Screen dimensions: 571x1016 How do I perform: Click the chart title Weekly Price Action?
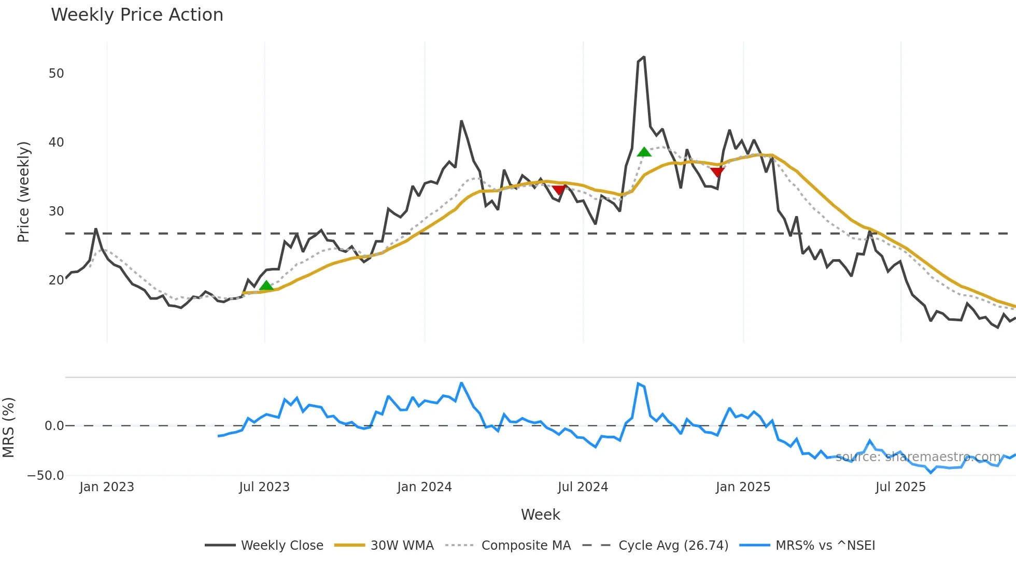[x=137, y=15]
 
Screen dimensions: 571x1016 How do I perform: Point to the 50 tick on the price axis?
[x=57, y=74]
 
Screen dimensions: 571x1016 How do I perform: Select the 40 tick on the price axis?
[x=57, y=142]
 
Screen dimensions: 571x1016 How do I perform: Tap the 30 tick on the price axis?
[x=57, y=211]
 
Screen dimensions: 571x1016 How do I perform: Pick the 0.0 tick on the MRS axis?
[x=54, y=426]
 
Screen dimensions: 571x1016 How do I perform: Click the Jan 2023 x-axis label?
[x=107, y=487]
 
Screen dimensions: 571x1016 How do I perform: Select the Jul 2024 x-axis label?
[x=583, y=487]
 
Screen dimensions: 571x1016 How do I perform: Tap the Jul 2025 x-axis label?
[x=900, y=487]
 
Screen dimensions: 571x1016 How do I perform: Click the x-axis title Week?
[x=540, y=515]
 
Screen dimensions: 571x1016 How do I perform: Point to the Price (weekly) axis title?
[x=23, y=192]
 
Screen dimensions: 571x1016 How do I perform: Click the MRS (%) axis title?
[x=8, y=427]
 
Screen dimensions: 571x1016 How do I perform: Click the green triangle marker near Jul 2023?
[x=266, y=285]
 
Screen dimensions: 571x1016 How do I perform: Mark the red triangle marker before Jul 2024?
[x=559, y=190]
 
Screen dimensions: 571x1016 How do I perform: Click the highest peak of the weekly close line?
[x=644, y=57]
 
